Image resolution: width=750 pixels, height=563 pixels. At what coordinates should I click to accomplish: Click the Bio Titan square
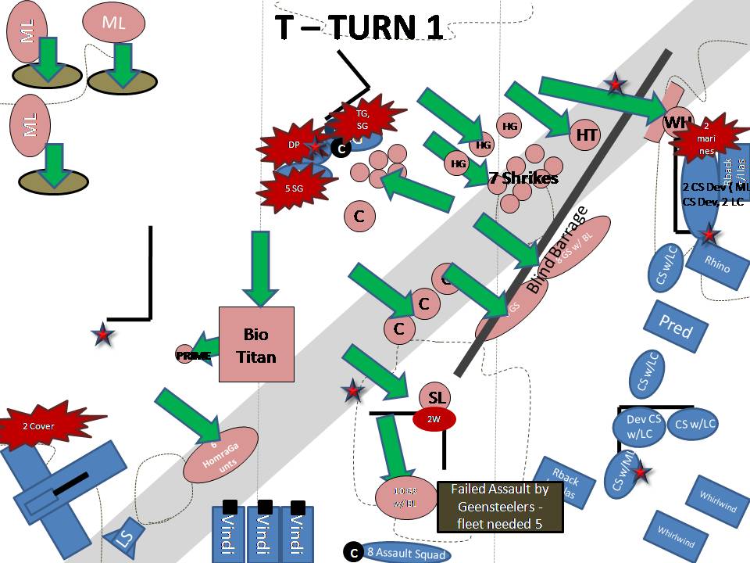pyautogui.click(x=256, y=345)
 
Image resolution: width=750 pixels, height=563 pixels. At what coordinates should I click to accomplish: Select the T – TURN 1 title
pyautogui.click(x=359, y=27)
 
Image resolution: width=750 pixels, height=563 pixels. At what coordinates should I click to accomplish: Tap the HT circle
pyautogui.click(x=587, y=135)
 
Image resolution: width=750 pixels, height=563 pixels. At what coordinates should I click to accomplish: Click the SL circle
pyautogui.click(x=437, y=397)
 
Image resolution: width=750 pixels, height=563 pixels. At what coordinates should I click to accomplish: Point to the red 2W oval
pyautogui.click(x=434, y=419)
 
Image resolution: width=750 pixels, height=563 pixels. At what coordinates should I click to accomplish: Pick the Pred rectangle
pyautogui.click(x=675, y=326)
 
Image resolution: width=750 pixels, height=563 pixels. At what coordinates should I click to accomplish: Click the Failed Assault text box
pyautogui.click(x=500, y=507)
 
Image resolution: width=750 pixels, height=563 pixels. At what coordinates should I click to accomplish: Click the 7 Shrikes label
pyautogui.click(x=523, y=178)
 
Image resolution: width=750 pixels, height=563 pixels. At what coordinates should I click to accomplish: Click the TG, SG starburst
pyautogui.click(x=362, y=120)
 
